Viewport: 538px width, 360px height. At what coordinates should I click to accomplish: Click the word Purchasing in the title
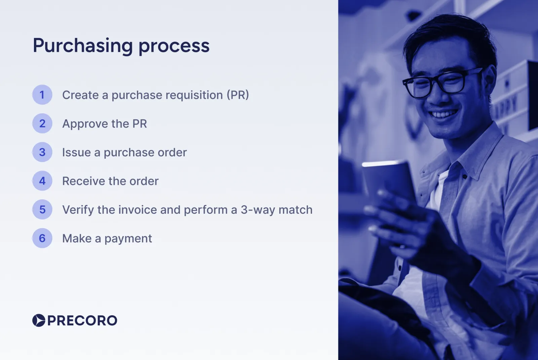[83, 46]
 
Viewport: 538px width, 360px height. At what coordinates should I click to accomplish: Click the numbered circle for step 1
[42, 95]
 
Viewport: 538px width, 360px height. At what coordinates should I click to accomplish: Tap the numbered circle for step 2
[42, 124]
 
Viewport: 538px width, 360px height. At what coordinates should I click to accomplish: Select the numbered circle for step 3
[42, 152]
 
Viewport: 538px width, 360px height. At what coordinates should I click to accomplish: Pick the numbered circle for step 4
[42, 181]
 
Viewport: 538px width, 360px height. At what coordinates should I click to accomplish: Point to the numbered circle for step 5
[42, 210]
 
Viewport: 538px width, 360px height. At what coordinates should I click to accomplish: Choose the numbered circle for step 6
[42, 238]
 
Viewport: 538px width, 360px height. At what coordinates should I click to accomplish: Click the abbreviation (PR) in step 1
[238, 95]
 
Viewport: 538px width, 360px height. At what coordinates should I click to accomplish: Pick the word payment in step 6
[128, 239]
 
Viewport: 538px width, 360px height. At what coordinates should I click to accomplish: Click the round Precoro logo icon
[39, 320]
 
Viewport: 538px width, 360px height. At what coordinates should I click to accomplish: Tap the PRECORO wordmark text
[82, 321]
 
